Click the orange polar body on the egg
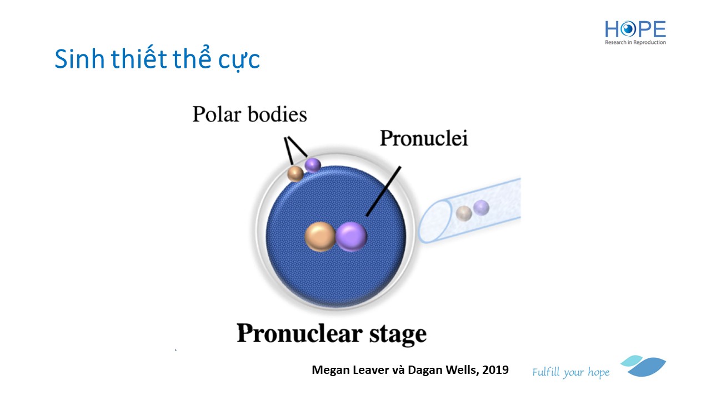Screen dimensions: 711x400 (x=295, y=174)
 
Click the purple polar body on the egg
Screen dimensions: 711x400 (x=313, y=165)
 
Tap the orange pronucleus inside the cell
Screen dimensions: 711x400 (x=321, y=237)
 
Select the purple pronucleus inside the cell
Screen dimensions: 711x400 (x=352, y=237)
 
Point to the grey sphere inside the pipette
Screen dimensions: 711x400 (x=464, y=213)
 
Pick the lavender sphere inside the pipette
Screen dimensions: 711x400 (x=481, y=208)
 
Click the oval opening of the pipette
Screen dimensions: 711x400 (x=435, y=222)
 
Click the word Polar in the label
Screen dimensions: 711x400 (x=217, y=114)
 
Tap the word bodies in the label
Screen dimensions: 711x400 (x=277, y=114)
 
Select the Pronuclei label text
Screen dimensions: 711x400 (x=424, y=138)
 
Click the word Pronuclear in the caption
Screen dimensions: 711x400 (x=299, y=334)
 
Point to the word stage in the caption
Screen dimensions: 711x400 (x=398, y=335)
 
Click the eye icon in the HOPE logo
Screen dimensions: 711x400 (x=628, y=29)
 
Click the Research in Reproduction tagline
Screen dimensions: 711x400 (x=635, y=42)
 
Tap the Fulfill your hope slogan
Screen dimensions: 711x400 (x=570, y=372)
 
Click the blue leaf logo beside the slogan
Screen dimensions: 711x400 (x=643, y=366)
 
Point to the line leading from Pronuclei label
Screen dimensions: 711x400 (x=383, y=192)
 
